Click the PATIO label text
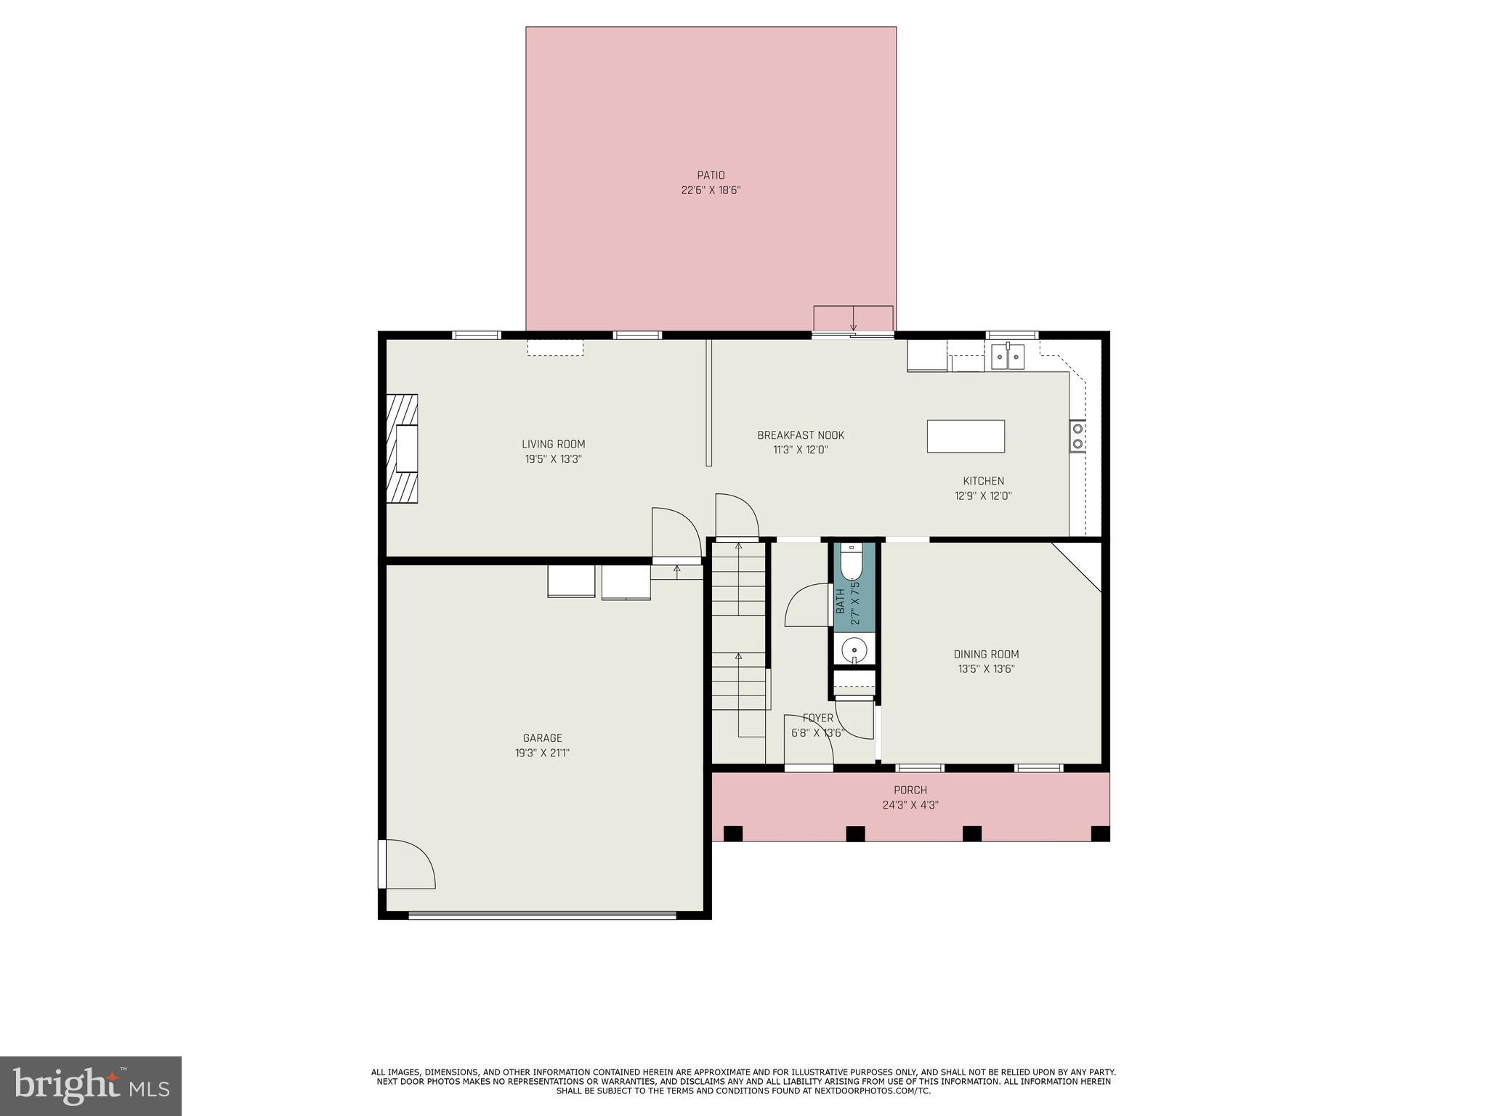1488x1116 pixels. pos(711,175)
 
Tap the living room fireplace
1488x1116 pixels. pos(402,448)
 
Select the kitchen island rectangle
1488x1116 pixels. pos(966,436)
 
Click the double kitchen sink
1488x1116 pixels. pos(1008,357)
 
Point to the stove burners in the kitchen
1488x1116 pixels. pos(1077,436)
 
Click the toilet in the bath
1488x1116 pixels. pos(851,563)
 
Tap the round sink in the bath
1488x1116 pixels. pos(855,648)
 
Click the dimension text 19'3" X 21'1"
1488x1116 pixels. pos(542,753)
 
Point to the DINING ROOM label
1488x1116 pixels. pos(986,654)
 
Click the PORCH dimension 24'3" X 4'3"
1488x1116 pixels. pos(910,805)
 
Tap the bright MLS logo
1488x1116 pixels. pos(90,1085)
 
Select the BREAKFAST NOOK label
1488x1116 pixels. pos(801,435)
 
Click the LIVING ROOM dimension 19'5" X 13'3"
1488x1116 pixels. pos(553,459)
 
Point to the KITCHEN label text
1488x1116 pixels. pos(983,481)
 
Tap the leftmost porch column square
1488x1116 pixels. pos(733,833)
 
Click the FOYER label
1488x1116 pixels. pos(817,718)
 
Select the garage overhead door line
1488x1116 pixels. pos(542,915)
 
